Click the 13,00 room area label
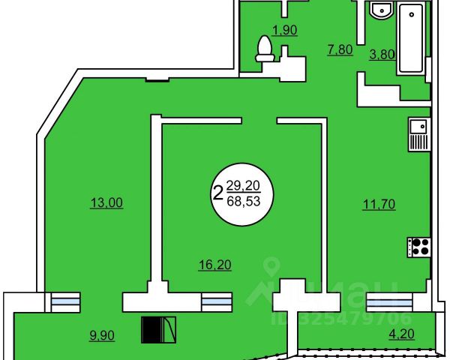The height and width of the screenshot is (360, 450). click(x=105, y=202)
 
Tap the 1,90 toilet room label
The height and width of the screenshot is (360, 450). click(x=283, y=31)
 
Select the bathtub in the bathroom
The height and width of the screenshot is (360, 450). click(x=411, y=39)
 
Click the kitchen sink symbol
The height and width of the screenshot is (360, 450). click(x=418, y=135)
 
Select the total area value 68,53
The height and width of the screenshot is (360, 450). click(x=241, y=202)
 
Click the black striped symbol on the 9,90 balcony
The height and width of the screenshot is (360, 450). click(x=158, y=328)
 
